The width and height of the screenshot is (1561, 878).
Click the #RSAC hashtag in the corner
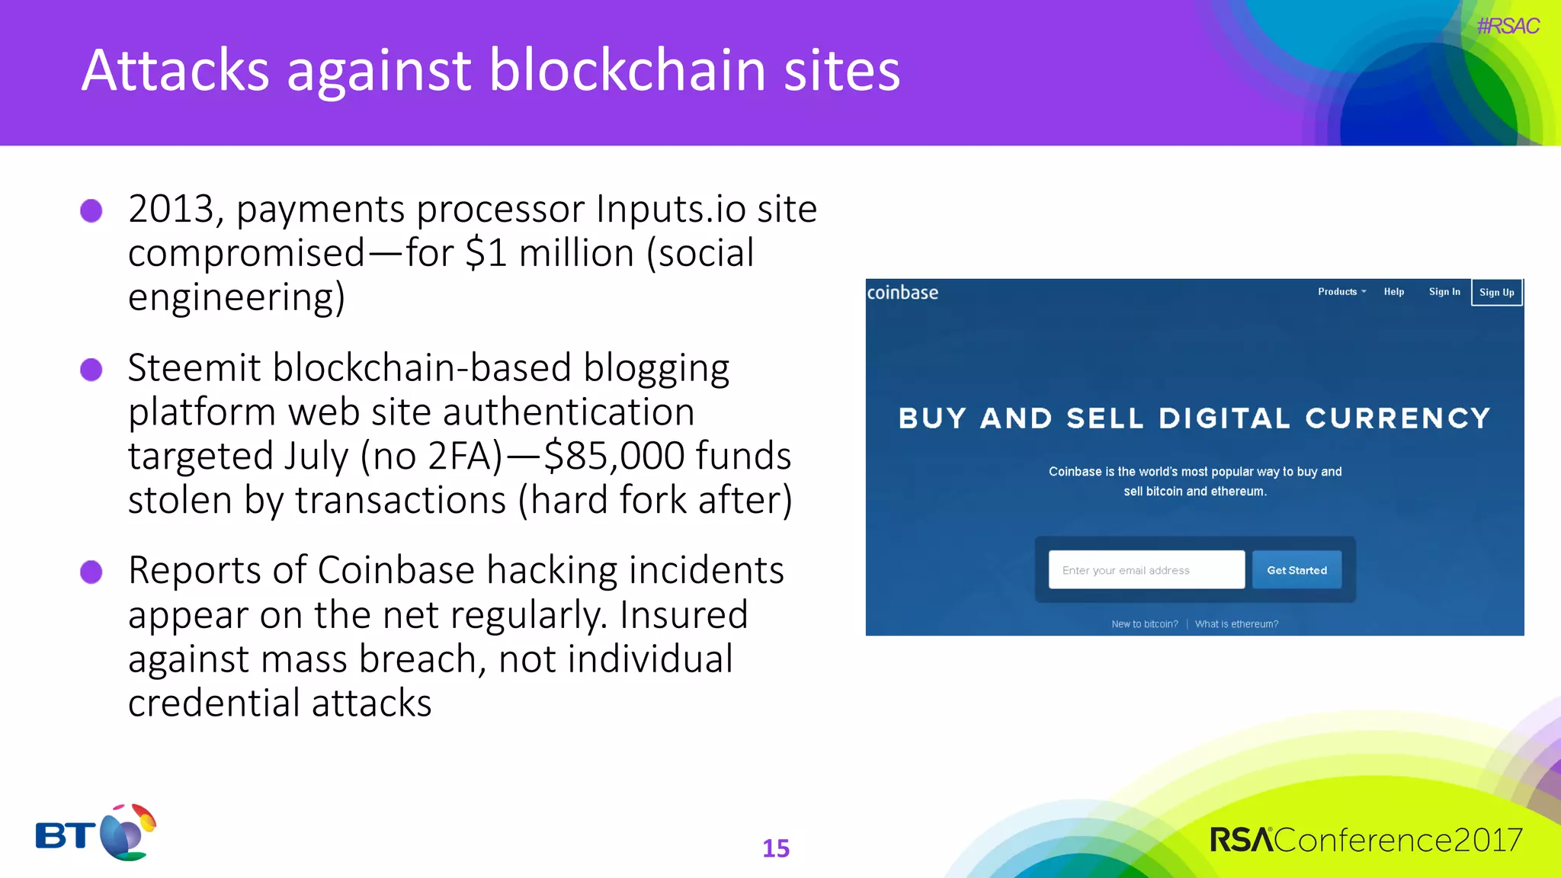pyautogui.click(x=1508, y=26)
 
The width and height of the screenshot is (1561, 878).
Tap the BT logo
pyautogui.click(x=96, y=832)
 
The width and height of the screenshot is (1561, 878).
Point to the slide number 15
pyautogui.click(x=776, y=848)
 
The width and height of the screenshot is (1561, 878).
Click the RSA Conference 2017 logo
pyautogui.click(x=1366, y=840)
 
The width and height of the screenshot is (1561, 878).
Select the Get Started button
pyautogui.click(x=1297, y=570)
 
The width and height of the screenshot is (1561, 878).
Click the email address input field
pyautogui.click(x=1146, y=570)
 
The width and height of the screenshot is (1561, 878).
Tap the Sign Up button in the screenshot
pyautogui.click(x=1496, y=293)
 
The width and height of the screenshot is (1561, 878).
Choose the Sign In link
pyautogui.click(x=1444, y=292)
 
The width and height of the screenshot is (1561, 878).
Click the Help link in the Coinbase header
pyautogui.click(x=1394, y=292)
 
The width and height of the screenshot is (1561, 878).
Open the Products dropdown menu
pyautogui.click(x=1341, y=292)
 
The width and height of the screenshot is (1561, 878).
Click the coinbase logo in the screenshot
pyautogui.click(x=902, y=293)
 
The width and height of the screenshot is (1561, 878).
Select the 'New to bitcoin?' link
pyautogui.click(x=1144, y=624)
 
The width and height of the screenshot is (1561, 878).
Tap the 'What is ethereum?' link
pyautogui.click(x=1236, y=624)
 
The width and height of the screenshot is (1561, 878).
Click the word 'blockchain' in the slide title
pyautogui.click(x=627, y=70)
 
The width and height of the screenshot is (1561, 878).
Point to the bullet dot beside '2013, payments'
pyautogui.click(x=91, y=210)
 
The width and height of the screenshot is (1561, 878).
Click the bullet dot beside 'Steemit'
pyautogui.click(x=91, y=370)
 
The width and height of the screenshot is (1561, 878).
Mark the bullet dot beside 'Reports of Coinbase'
pyautogui.click(x=91, y=572)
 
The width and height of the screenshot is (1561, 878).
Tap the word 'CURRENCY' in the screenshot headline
pyautogui.click(x=1398, y=418)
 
